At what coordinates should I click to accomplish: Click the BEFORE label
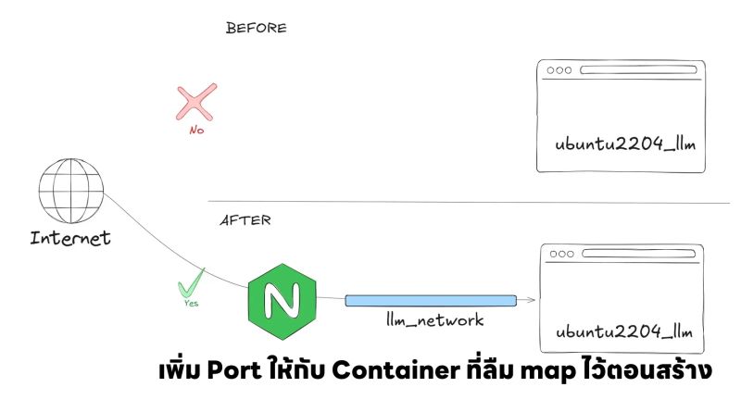pyautogui.click(x=256, y=28)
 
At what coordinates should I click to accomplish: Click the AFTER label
pyautogui.click(x=245, y=221)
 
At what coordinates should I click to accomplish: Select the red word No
pyautogui.click(x=196, y=131)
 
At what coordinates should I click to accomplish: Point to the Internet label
pyautogui.click(x=70, y=238)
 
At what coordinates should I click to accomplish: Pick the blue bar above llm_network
pyautogui.click(x=431, y=300)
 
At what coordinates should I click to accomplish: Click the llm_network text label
pyautogui.click(x=435, y=320)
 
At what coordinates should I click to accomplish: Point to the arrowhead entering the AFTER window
pyautogui.click(x=531, y=300)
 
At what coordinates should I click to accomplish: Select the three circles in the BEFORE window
pyautogui.click(x=559, y=70)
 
